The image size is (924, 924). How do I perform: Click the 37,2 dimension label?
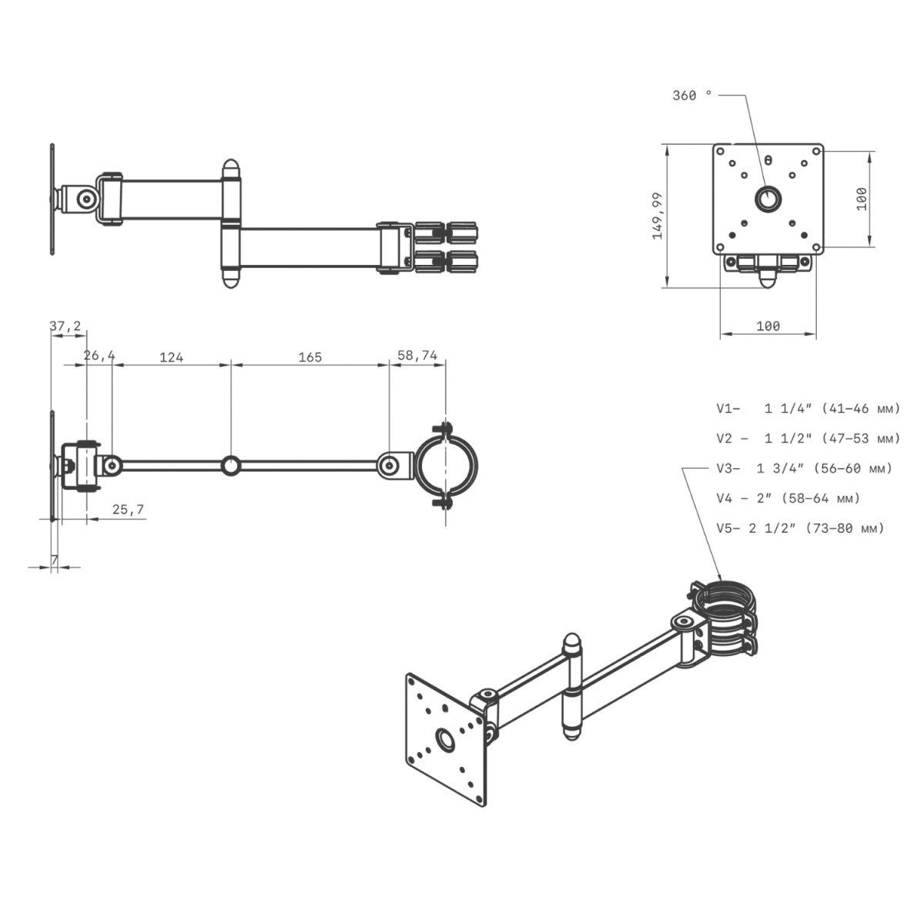(x=65, y=326)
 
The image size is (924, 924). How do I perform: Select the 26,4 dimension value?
(x=99, y=355)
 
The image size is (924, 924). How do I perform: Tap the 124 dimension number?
(x=171, y=357)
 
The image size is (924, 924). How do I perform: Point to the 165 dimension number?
(x=310, y=357)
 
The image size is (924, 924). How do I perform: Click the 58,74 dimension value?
(x=417, y=355)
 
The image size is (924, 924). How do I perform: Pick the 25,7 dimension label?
(x=128, y=509)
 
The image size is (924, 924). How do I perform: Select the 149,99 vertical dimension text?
(x=658, y=216)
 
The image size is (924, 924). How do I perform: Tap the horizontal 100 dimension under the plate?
(x=768, y=326)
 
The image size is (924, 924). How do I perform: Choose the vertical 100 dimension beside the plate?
(x=862, y=199)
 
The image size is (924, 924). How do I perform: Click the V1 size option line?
(x=808, y=409)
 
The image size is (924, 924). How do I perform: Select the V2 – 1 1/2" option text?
(x=808, y=438)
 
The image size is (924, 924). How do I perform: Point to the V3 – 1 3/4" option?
(x=804, y=468)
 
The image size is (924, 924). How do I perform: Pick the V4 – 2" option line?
(x=788, y=498)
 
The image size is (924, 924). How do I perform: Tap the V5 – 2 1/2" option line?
(x=800, y=528)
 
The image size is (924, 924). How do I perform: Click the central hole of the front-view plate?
(x=768, y=199)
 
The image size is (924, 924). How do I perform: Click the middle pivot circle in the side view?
(x=231, y=465)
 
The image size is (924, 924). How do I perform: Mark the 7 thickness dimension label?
(x=54, y=560)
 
